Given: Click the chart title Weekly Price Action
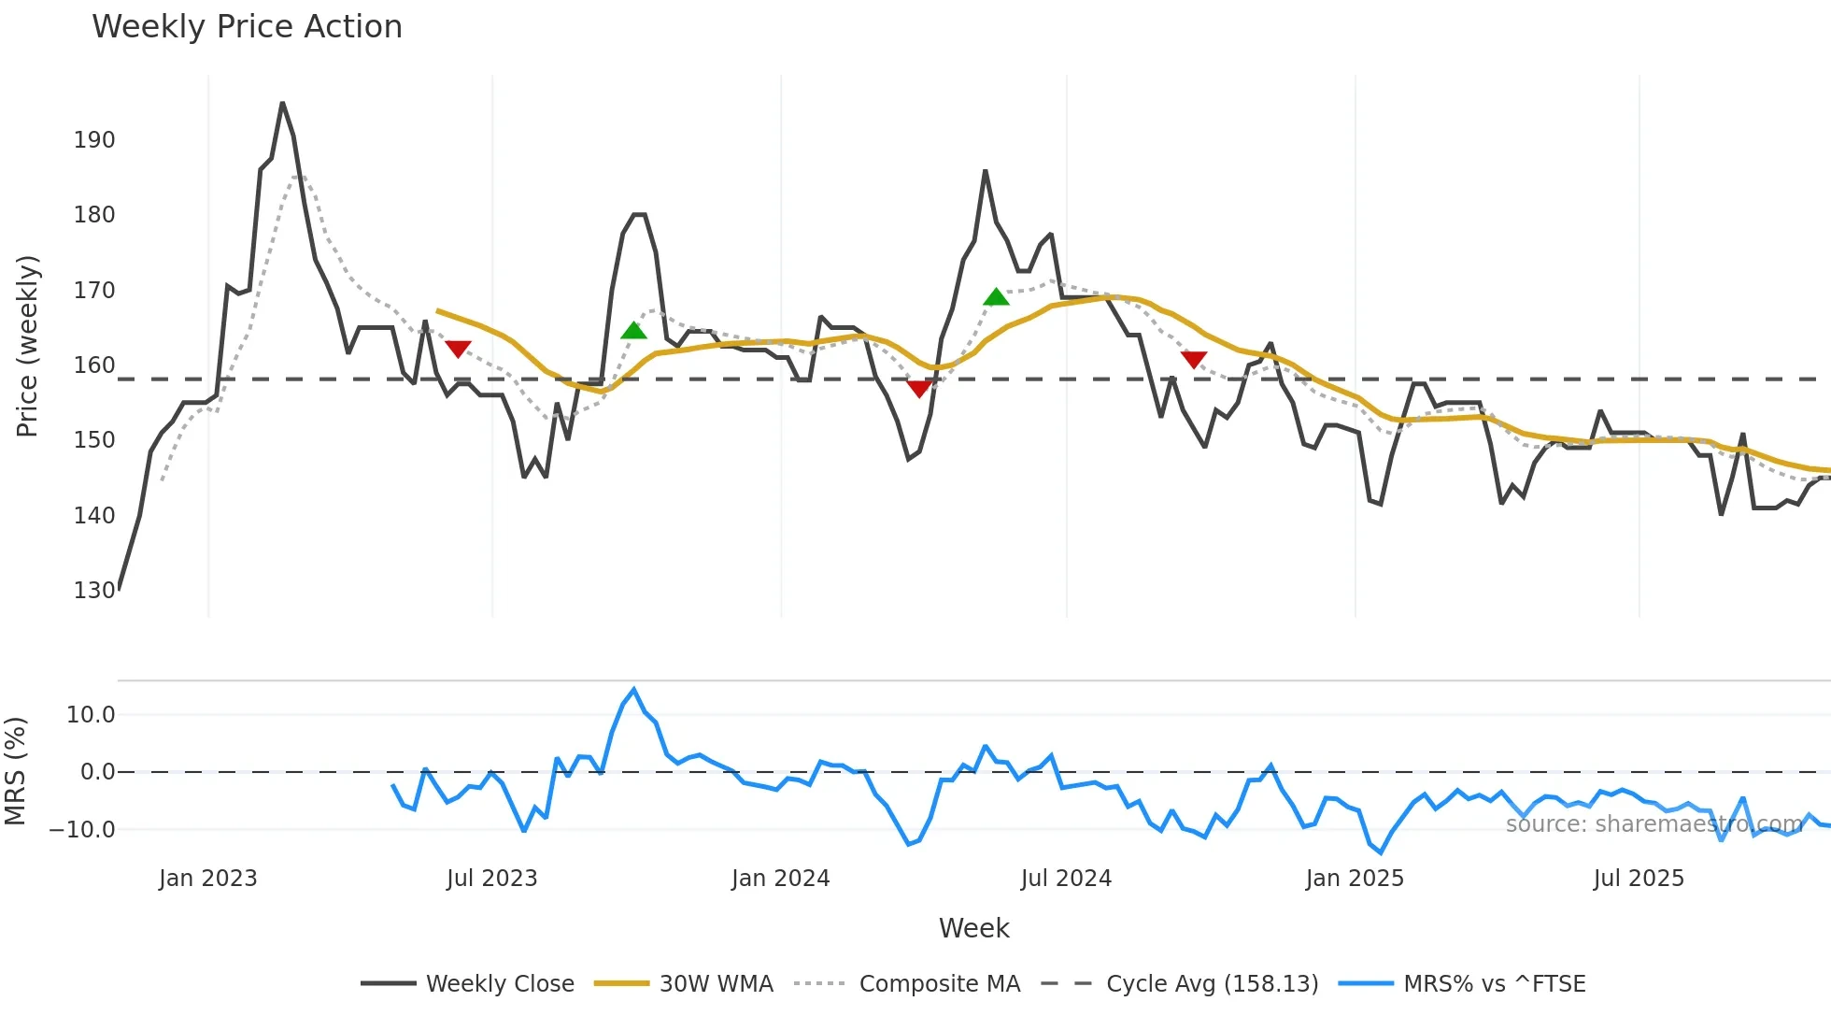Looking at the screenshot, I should tap(247, 27).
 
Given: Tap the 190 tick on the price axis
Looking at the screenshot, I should tap(94, 140).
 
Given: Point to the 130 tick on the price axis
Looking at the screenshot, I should tap(94, 591).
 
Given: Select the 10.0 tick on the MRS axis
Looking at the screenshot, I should tap(91, 715).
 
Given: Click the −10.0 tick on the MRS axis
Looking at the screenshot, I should tap(82, 830).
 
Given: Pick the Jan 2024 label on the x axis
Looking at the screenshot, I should tap(780, 879).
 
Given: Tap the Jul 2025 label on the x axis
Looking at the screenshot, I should tap(1639, 879).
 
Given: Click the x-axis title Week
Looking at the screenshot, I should tap(973, 928).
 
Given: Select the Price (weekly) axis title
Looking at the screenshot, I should tap(28, 346).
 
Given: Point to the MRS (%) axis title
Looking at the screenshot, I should tap(16, 771).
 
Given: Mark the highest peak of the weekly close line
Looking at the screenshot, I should tap(282, 103).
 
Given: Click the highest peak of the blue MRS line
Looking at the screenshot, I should tap(634, 690).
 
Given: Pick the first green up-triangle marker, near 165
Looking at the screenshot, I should tap(633, 331).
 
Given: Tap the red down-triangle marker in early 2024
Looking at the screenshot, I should tap(919, 389).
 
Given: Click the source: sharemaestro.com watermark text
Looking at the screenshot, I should tap(1654, 824).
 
